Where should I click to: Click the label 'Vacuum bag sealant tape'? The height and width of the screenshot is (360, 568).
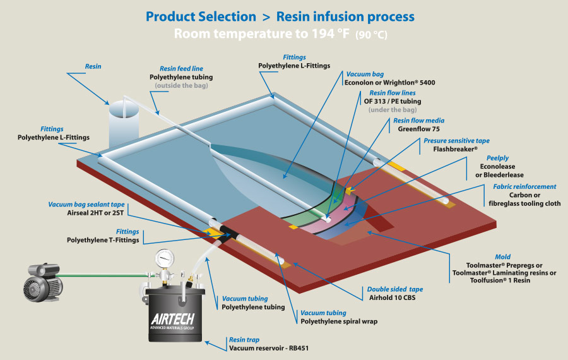86,205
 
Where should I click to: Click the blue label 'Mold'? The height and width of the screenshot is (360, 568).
502,256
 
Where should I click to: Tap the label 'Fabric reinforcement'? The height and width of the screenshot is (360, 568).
524,186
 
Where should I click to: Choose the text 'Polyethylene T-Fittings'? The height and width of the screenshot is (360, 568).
104,240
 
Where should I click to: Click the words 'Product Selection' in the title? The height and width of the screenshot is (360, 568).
201,16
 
